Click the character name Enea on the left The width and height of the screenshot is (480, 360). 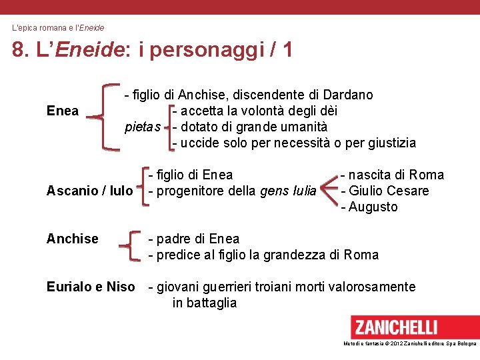(63, 111)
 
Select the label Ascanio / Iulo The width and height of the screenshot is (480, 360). (89, 191)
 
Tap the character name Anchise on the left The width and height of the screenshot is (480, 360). (72, 239)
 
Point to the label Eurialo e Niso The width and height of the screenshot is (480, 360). (90, 287)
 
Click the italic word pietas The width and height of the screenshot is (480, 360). (143, 127)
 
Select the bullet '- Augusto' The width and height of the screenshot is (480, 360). (369, 207)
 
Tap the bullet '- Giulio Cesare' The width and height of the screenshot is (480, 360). (385, 191)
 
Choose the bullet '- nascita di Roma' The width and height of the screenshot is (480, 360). (392, 175)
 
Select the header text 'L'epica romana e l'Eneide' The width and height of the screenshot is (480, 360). (58, 28)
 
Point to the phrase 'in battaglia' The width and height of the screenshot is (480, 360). (204, 303)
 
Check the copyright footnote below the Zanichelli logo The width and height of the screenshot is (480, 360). (409, 343)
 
